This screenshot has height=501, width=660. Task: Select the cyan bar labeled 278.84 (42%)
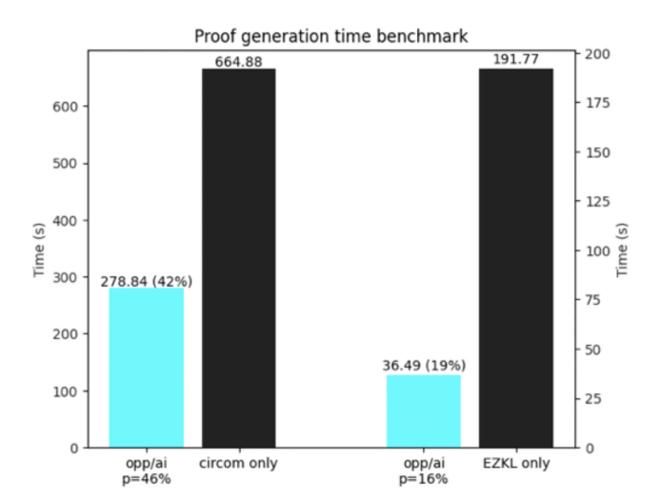(147, 368)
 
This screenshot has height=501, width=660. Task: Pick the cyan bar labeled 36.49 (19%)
(423, 411)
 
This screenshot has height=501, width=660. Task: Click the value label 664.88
(239, 61)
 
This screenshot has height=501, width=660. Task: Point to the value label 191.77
(515, 60)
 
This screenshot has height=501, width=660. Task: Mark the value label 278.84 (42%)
(147, 281)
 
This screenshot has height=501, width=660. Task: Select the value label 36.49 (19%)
(423, 367)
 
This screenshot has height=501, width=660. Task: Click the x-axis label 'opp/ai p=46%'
(147, 471)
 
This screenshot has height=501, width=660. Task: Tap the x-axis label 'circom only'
(239, 464)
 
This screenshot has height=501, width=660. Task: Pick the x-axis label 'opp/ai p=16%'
(423, 471)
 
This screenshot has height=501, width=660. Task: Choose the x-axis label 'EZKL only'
(515, 464)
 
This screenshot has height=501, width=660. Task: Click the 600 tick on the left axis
(69, 107)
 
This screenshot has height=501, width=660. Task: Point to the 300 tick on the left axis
(69, 277)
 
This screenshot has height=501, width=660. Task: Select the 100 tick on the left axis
(69, 391)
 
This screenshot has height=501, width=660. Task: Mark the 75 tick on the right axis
(593, 300)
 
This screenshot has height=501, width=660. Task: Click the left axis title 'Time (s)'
(40, 250)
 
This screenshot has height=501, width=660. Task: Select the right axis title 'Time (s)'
(623, 250)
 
